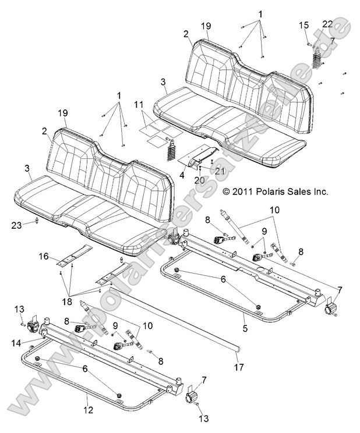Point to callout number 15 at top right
pos(303,24)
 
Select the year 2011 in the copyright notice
pos(241,191)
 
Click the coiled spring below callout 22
pos(316,58)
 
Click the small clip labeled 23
pos(37,220)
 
